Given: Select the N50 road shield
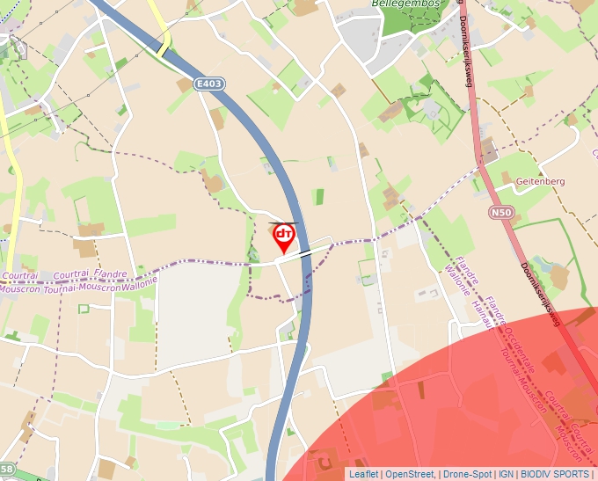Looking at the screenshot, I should pos(501,212).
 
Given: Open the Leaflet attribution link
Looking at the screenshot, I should pos(363,474).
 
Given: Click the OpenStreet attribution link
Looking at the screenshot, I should pos(410,474).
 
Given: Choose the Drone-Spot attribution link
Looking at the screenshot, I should pos(468,474).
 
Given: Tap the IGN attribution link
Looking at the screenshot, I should pos(507,474).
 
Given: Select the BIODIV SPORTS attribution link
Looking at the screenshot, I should pos(556,474).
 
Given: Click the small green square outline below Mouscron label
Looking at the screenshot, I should pos(84,309).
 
